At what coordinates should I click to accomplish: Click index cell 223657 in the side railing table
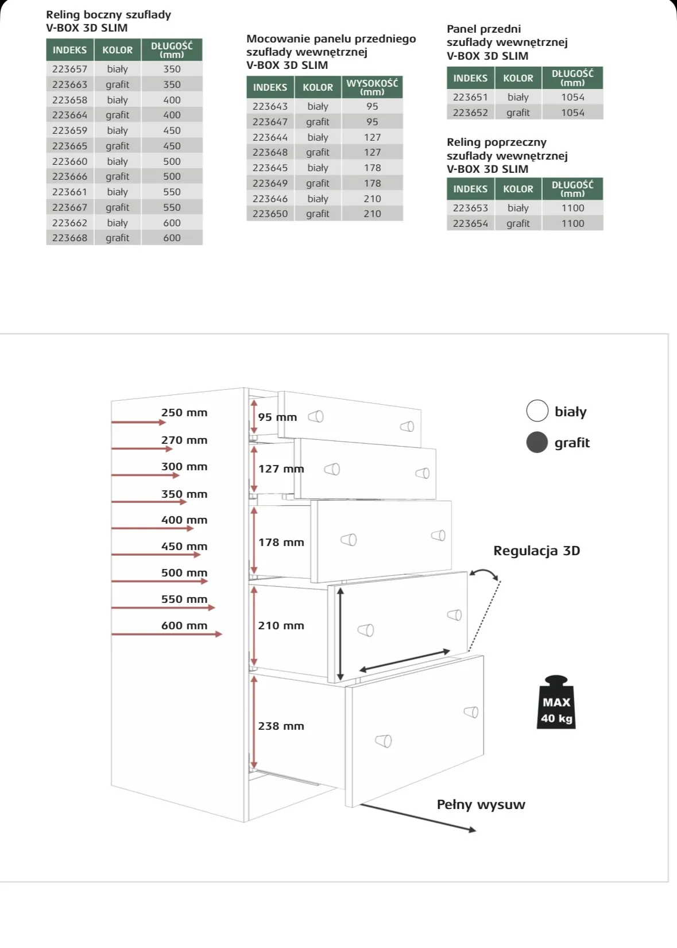(x=69, y=69)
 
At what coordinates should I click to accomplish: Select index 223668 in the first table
(x=69, y=238)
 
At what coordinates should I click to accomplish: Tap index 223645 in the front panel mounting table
(x=270, y=168)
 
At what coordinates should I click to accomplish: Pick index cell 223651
(x=470, y=97)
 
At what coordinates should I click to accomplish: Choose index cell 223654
(x=470, y=223)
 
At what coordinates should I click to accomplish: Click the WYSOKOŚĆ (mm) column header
(x=372, y=87)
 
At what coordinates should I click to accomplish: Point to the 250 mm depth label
(x=184, y=412)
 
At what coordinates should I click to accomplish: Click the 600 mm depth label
(x=184, y=625)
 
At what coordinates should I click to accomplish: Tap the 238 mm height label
(x=281, y=726)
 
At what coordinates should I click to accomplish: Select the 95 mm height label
(x=277, y=417)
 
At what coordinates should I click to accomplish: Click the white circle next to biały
(x=537, y=411)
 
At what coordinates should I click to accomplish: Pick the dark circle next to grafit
(x=537, y=442)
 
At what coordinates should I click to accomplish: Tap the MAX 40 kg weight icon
(x=556, y=703)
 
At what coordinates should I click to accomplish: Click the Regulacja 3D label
(x=536, y=551)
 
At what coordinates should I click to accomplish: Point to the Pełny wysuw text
(x=481, y=804)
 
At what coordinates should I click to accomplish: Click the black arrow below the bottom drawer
(x=418, y=817)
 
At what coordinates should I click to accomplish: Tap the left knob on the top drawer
(x=316, y=416)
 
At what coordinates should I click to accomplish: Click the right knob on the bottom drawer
(x=471, y=712)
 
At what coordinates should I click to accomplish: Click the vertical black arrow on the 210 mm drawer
(x=341, y=633)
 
